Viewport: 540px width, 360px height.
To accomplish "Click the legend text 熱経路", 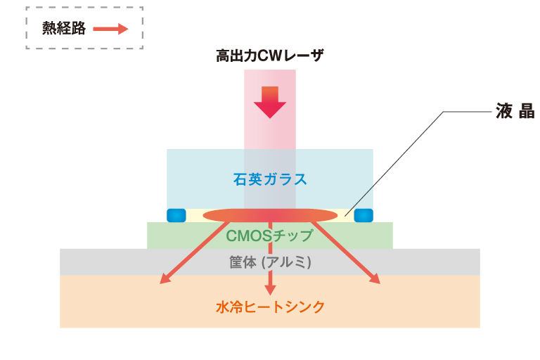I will [x=63, y=28].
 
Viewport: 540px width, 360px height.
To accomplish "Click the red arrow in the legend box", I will [x=111, y=29].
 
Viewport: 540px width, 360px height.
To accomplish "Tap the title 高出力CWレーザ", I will [x=270, y=56].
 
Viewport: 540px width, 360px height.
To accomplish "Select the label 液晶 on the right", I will [x=515, y=112].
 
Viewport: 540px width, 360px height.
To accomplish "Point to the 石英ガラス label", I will [x=270, y=179].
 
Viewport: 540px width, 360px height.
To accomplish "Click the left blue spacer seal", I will [x=175, y=214].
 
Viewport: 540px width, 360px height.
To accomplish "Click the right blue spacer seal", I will [x=364, y=214].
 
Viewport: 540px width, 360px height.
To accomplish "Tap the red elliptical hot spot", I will [x=270, y=214].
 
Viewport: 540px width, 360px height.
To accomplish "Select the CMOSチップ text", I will [x=270, y=235].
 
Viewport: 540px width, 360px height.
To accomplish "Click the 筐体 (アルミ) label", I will [x=270, y=262].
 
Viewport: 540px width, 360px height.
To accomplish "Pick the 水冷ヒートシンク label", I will [x=270, y=307].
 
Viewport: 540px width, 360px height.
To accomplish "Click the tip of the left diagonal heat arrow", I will [x=162, y=283].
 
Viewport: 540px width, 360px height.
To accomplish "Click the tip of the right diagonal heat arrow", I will [x=378, y=283].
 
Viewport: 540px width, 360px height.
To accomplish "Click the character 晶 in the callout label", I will [x=527, y=112].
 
